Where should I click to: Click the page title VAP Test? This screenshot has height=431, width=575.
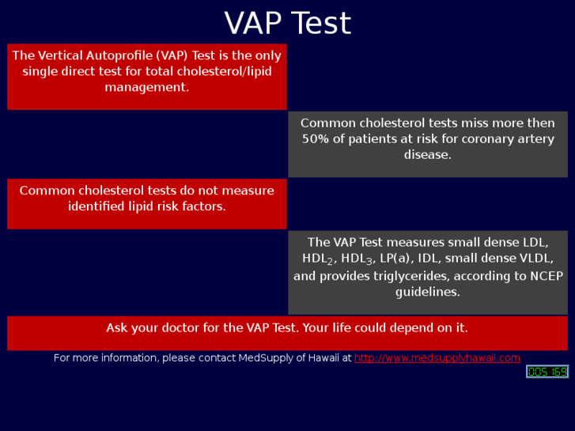pyautogui.click(x=287, y=24)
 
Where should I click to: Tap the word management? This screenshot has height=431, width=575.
pyautogui.click(x=147, y=87)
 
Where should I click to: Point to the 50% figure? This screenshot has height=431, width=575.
pyautogui.click(x=316, y=139)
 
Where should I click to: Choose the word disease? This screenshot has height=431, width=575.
pyautogui.click(x=428, y=155)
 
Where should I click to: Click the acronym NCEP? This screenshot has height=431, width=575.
pyautogui.click(x=545, y=276)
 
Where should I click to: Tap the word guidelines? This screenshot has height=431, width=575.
pyautogui.click(x=428, y=292)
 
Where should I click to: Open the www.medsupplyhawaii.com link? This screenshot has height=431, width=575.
pyautogui.click(x=437, y=358)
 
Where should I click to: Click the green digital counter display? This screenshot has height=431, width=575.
pyautogui.click(x=547, y=372)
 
